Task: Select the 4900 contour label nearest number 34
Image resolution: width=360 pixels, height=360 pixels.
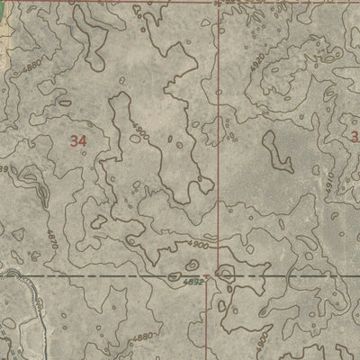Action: pyautogui.click(x=138, y=133)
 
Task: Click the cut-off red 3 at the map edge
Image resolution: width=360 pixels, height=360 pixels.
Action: pyautogui.click(x=355, y=137)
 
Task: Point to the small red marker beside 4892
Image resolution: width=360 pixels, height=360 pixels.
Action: pyautogui.click(x=207, y=276)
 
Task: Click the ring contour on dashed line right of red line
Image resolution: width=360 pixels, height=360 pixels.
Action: pyautogui.click(x=225, y=273)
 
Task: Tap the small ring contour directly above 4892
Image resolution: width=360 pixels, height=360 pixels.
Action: pyautogui.click(x=191, y=265)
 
